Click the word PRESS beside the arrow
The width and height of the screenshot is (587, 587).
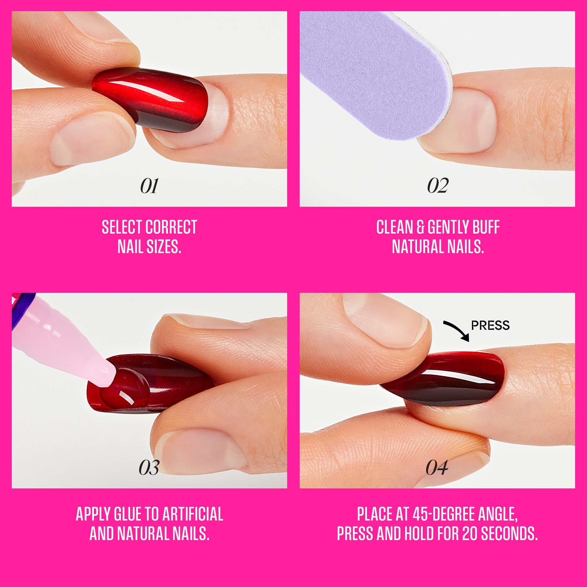tap(490, 325)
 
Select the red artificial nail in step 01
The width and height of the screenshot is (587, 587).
tap(152, 100)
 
